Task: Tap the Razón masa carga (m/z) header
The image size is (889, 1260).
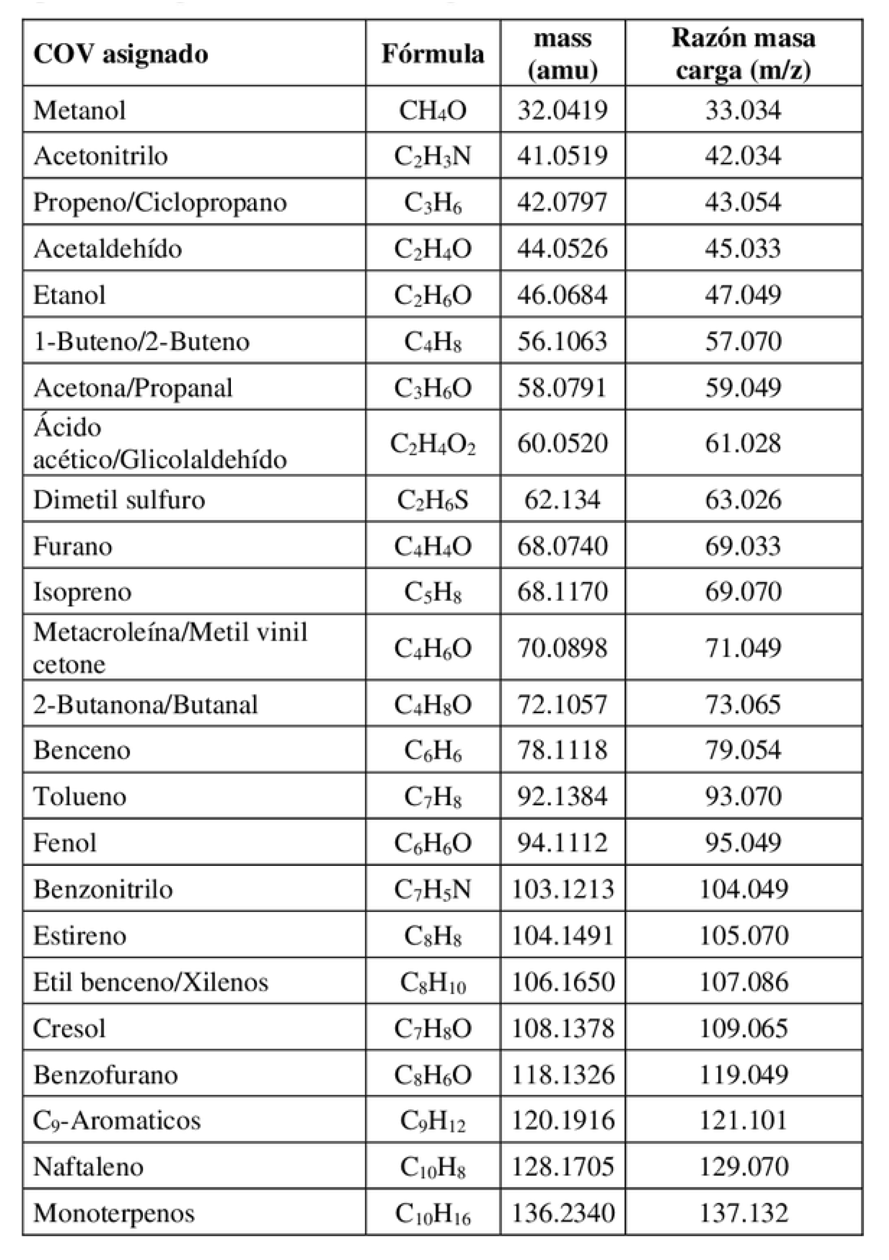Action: tap(743, 54)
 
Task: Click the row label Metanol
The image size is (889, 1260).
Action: tap(80, 110)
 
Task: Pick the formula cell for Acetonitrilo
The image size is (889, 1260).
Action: tap(432, 156)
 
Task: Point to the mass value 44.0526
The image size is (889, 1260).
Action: tap(562, 248)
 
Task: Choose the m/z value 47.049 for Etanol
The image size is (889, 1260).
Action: tap(743, 294)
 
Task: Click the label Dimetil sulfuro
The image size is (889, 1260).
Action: tap(119, 500)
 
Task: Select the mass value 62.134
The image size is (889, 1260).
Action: tap(562, 500)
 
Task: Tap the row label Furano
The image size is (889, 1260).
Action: tap(73, 546)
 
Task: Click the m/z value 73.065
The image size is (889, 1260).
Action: tap(743, 704)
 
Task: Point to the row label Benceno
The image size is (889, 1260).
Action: tap(82, 750)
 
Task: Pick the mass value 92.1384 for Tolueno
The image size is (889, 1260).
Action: tap(562, 796)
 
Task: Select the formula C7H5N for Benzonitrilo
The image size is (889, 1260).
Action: tap(432, 889)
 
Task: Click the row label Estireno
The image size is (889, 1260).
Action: tap(80, 935)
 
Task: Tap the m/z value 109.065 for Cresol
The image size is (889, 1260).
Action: tap(743, 1028)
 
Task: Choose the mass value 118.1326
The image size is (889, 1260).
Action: tap(562, 1074)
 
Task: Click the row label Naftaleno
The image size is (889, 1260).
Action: tap(88, 1167)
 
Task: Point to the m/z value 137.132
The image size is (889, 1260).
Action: tap(743, 1213)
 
